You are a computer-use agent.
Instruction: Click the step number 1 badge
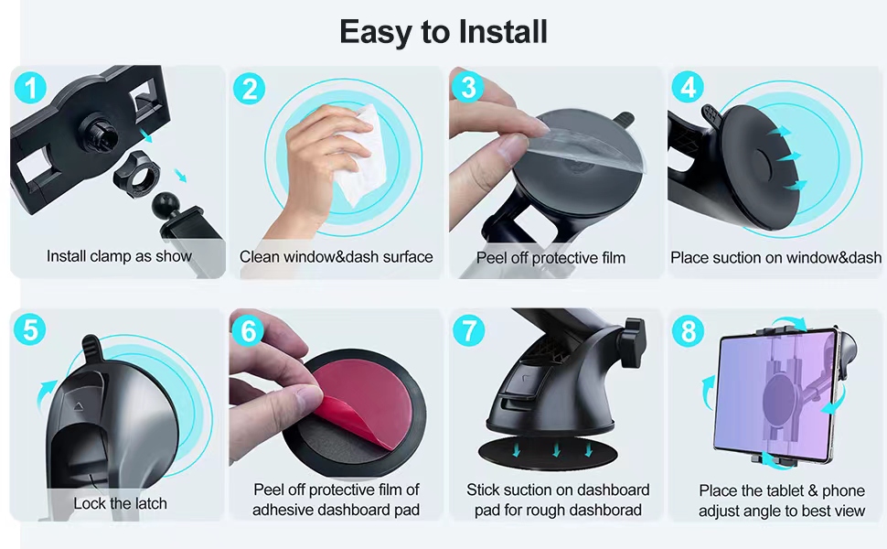click(30, 88)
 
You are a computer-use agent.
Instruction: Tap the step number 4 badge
click(688, 87)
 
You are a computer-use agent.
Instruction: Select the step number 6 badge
click(248, 330)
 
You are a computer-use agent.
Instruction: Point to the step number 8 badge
click(688, 331)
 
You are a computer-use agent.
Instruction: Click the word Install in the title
click(503, 32)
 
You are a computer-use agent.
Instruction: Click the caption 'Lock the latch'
click(120, 503)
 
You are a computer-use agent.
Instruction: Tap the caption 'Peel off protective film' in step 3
click(551, 258)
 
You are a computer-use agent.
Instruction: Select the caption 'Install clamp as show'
click(120, 256)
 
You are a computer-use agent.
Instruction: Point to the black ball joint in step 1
click(166, 204)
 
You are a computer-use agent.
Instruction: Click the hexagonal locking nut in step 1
click(136, 175)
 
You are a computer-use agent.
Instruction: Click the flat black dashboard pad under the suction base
click(548, 452)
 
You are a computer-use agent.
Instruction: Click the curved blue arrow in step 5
click(46, 395)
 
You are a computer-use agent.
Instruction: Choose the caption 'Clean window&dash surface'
click(336, 257)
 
